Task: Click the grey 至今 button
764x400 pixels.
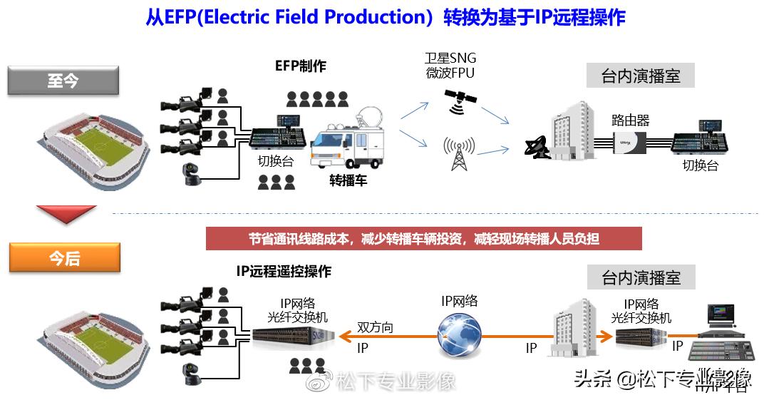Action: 63,81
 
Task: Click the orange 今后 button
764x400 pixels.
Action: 64,257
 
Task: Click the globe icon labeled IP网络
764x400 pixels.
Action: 459,334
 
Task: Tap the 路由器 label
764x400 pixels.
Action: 630,120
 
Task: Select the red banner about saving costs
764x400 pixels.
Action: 423,239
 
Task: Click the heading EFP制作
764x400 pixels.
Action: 300,66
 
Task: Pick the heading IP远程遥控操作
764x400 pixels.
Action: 284,272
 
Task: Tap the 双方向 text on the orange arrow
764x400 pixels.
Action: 375,327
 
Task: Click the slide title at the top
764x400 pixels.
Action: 385,17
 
